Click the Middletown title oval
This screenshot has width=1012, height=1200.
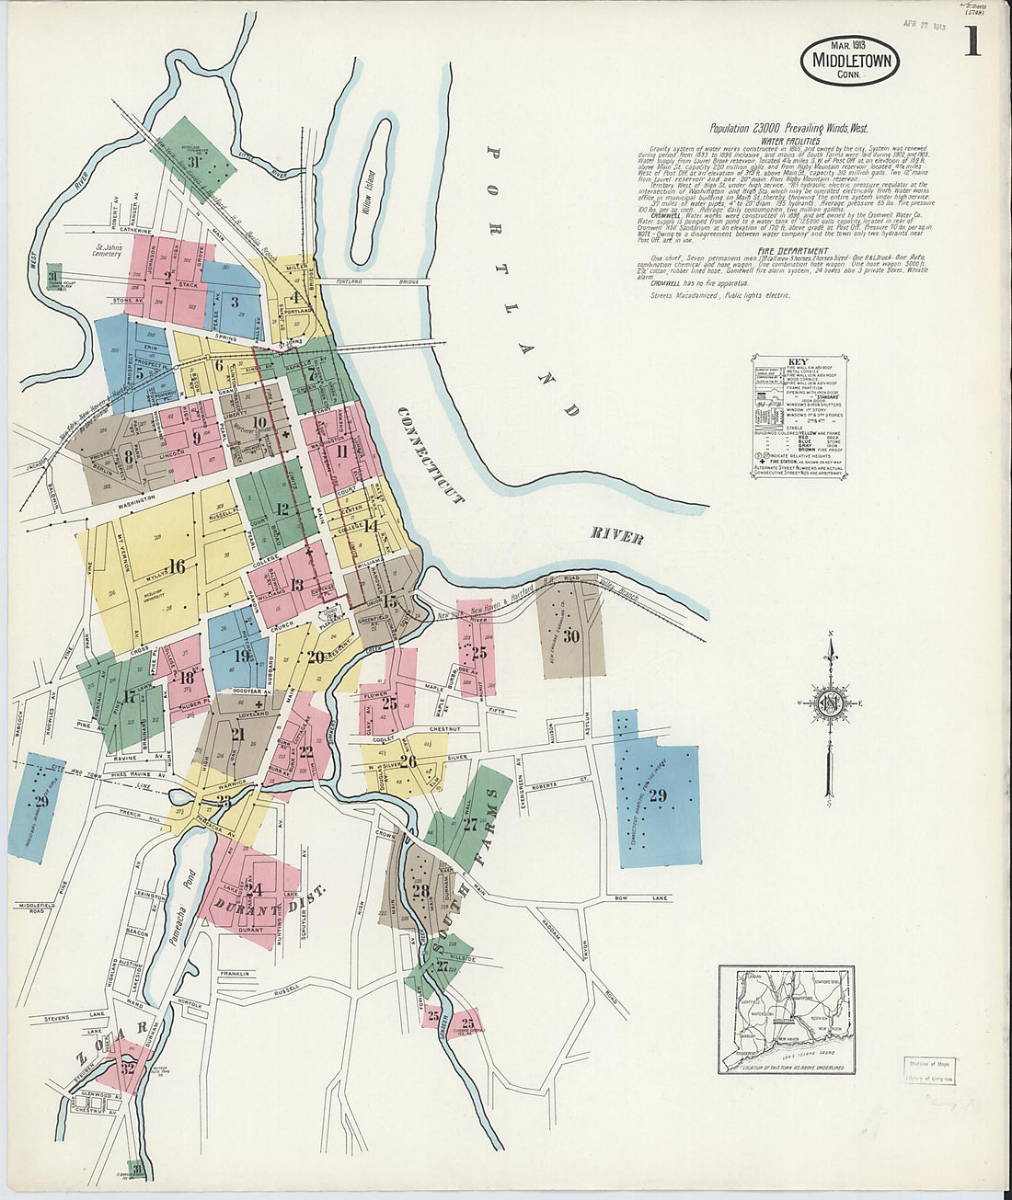click(x=849, y=60)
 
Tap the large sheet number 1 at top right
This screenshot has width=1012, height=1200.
click(x=972, y=42)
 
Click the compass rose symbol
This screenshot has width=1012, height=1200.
click(x=830, y=703)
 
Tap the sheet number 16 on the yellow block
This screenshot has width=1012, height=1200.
click(x=176, y=567)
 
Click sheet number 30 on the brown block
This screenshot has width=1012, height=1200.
click(x=571, y=635)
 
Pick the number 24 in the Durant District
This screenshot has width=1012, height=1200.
click(x=254, y=889)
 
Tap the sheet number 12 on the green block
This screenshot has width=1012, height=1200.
click(x=282, y=509)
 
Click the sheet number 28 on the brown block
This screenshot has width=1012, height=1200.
click(x=420, y=890)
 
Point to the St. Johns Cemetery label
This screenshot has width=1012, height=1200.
click(x=107, y=250)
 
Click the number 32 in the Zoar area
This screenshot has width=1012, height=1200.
click(x=129, y=1068)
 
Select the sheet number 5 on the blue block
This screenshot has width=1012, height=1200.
click(x=140, y=374)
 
